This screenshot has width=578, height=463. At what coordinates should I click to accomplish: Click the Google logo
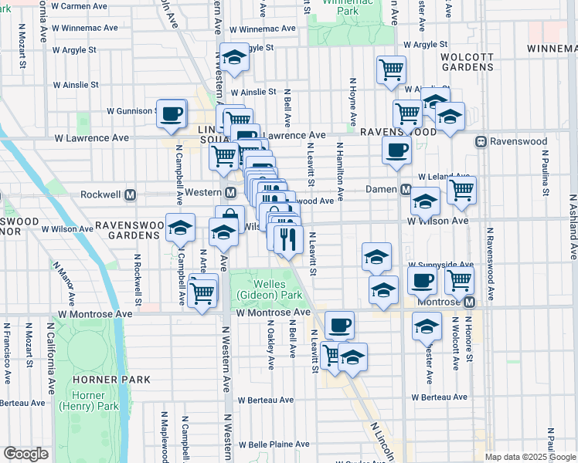point(25,454)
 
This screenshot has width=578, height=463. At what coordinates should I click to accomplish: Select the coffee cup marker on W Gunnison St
point(172,113)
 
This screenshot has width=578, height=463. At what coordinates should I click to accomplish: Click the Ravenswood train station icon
point(481,142)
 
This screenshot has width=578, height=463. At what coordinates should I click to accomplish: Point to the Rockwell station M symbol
point(131,193)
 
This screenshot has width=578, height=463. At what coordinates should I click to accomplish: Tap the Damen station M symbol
point(404,190)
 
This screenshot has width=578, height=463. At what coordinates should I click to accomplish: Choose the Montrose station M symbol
point(468,302)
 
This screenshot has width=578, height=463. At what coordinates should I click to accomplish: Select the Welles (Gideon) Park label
point(270,289)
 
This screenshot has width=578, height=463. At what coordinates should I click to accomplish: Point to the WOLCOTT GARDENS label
point(467,62)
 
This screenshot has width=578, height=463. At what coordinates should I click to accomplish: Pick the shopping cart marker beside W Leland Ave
point(461,189)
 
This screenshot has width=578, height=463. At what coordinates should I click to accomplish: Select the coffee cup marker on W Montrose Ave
point(339,324)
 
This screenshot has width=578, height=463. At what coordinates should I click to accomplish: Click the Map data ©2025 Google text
point(529,457)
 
